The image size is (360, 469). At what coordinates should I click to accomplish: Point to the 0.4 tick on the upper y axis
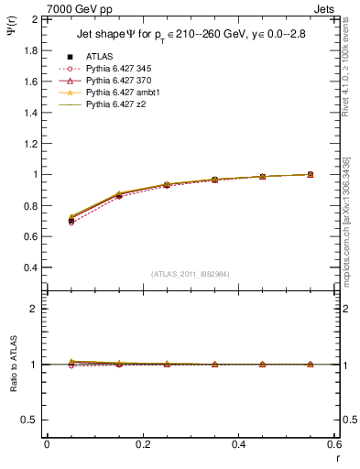tap(29, 267)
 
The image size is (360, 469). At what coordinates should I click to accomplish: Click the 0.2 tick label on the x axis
tap(143, 444)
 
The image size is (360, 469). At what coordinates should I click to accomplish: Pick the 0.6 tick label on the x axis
tap(333, 444)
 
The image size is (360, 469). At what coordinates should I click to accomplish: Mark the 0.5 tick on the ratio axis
tap(29, 420)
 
